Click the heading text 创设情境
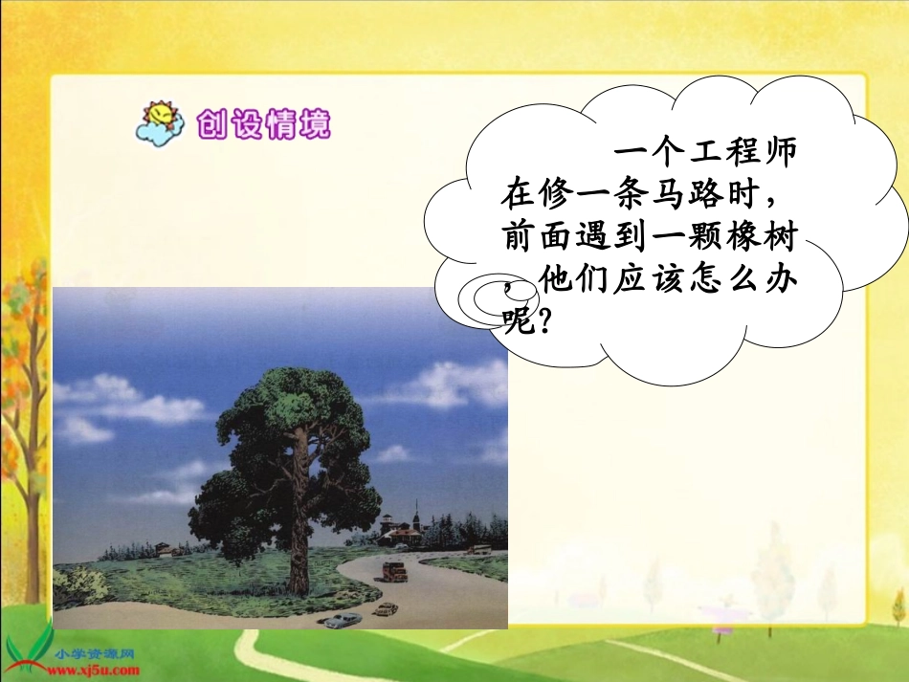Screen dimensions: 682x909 (262, 124)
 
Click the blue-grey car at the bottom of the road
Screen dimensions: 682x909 (343, 620)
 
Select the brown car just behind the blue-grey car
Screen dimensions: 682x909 (385, 608)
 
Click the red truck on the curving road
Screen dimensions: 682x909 (392, 571)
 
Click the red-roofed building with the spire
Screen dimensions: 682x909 (401, 529)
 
